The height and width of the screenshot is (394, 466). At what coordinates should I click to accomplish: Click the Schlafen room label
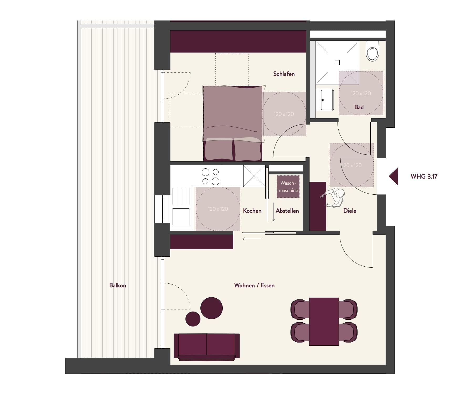click(x=284, y=74)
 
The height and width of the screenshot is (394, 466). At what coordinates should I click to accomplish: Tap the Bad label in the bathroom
click(x=359, y=107)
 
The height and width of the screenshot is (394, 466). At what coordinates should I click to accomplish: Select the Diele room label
click(x=350, y=211)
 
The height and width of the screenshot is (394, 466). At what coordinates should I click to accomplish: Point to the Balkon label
click(x=118, y=285)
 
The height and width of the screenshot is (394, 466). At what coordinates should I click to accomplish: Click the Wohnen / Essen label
click(x=254, y=285)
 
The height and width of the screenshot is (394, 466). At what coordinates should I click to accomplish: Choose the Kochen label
click(x=252, y=211)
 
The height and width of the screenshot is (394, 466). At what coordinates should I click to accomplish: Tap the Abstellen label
click(x=287, y=211)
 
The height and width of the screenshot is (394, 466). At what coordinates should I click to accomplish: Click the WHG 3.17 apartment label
click(x=424, y=177)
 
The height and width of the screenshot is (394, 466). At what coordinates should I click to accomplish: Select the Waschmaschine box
click(x=288, y=186)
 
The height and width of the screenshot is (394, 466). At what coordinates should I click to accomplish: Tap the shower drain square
click(x=337, y=63)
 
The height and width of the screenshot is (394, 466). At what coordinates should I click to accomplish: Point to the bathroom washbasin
click(x=324, y=100)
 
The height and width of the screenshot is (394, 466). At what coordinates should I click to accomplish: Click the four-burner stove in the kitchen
click(x=210, y=176)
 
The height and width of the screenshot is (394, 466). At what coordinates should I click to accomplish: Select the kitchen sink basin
click(x=181, y=216)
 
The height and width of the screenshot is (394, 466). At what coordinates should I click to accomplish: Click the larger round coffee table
click(x=211, y=308)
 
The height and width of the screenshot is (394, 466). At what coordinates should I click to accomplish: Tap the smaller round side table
click(x=193, y=319)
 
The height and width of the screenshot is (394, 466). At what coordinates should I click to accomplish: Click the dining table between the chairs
click(x=324, y=322)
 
